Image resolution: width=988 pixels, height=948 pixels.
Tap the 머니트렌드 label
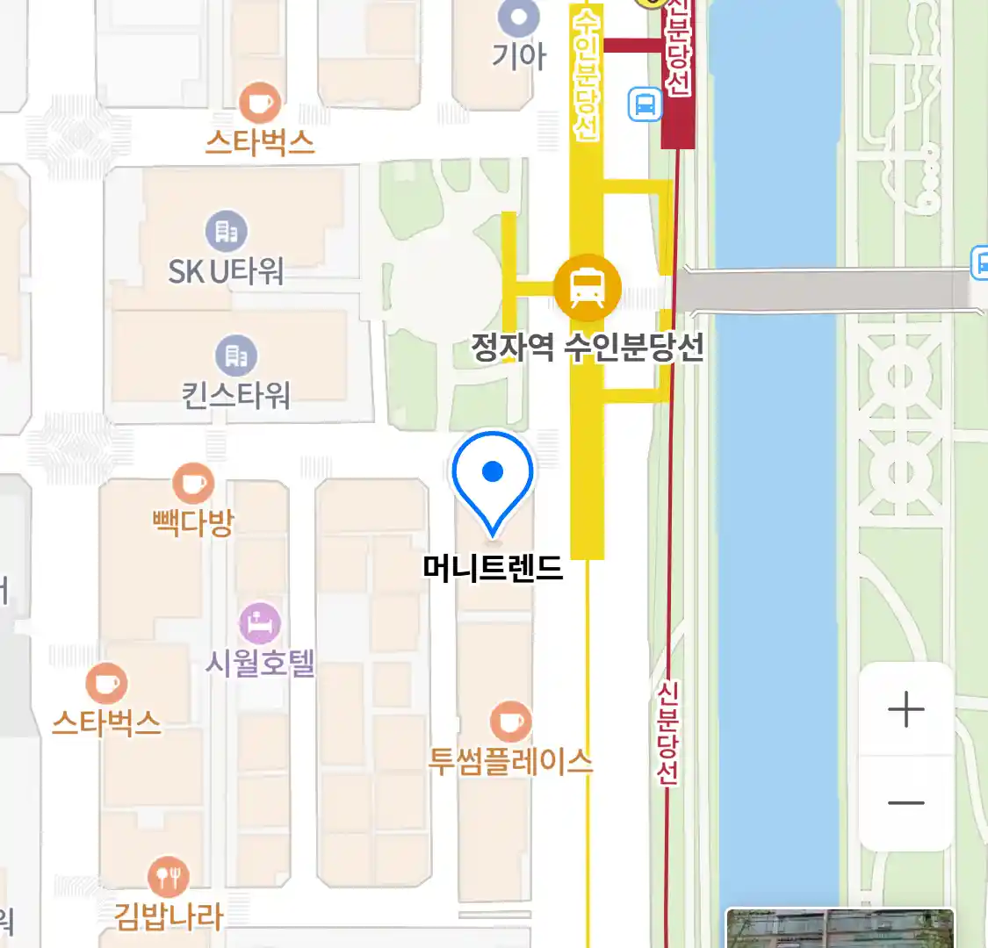coord(493,569)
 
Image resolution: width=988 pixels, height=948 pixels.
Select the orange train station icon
coord(588,287)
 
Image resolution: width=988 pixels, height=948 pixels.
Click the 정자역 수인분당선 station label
coord(588,348)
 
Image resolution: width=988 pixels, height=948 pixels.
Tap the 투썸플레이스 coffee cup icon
coord(510,722)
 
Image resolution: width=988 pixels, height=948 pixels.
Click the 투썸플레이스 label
coord(510,760)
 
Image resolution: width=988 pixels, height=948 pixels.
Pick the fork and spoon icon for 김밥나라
coord(168,876)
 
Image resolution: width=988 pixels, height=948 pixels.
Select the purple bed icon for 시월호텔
coord(260,624)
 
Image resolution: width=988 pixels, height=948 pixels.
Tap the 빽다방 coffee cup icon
coord(193,484)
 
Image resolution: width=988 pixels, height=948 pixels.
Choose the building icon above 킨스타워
coord(236,355)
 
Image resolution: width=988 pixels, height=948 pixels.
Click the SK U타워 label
coord(226,271)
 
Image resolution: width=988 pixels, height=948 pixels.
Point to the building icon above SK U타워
coord(227,232)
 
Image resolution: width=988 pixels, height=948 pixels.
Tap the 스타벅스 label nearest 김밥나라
coord(106,722)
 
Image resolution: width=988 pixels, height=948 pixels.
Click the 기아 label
coord(518,56)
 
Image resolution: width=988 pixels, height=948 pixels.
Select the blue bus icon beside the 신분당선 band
coord(645,104)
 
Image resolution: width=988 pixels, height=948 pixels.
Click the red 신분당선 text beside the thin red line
coord(667,733)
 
